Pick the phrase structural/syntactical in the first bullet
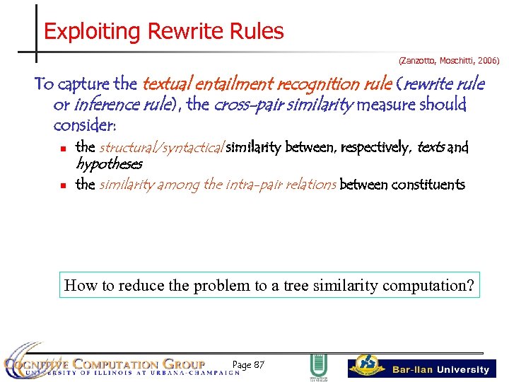pyautogui.click(x=161, y=147)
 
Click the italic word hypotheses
pyautogui.click(x=109, y=164)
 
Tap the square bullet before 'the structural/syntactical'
pyautogui.click(x=63, y=149)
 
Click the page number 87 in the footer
pyautogui.click(x=258, y=365)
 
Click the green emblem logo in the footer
pyautogui.click(x=318, y=366)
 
